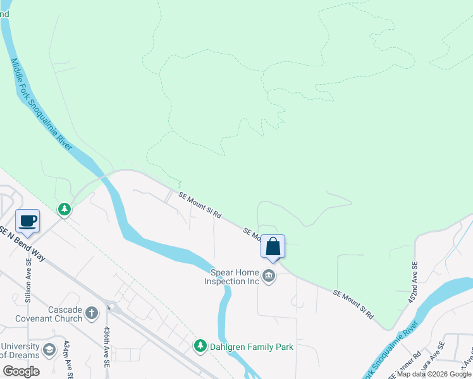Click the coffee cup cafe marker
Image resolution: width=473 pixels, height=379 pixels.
[x=27, y=221]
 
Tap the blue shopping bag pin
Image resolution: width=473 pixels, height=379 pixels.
[x=273, y=246]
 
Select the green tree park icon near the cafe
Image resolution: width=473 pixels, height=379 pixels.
[x=64, y=208]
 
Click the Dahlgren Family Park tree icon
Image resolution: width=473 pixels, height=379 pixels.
[x=200, y=346]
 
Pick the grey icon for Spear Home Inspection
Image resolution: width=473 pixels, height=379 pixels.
[x=269, y=277]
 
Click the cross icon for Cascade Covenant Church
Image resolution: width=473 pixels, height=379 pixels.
[x=92, y=312]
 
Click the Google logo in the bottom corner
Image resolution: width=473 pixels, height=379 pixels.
[x=21, y=371]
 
